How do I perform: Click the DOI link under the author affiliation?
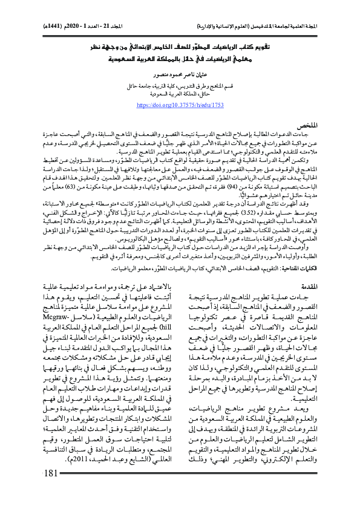(180, 105)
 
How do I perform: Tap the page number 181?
(46, 489)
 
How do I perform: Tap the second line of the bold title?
(180, 59)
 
